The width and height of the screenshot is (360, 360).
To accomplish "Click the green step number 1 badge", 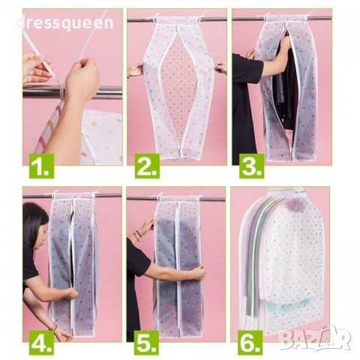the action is coord(41,166).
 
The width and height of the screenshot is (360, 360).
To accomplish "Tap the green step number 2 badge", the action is coord(147,166).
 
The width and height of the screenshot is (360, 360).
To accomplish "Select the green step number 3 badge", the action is coord(251,166).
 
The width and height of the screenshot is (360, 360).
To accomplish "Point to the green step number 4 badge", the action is coord(41,343).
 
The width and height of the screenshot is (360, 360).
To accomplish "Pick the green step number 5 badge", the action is coord(147,343).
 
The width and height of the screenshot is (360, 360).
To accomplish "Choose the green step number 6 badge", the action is coord(250,343).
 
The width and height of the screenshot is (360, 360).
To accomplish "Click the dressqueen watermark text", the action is coord(65,23).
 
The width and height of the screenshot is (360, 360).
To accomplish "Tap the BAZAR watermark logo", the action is coord(314,337).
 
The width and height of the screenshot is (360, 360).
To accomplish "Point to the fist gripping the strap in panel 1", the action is coord(81,77).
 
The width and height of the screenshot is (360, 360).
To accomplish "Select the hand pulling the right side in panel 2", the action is coord(220,67).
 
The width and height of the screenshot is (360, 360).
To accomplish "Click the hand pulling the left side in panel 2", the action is coord(135,70).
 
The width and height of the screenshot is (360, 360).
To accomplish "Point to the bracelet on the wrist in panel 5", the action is coord(136,235).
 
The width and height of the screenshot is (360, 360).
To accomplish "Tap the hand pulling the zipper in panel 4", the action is coord(70,293).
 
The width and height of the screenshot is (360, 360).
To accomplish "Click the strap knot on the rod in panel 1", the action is coord(61,91).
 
